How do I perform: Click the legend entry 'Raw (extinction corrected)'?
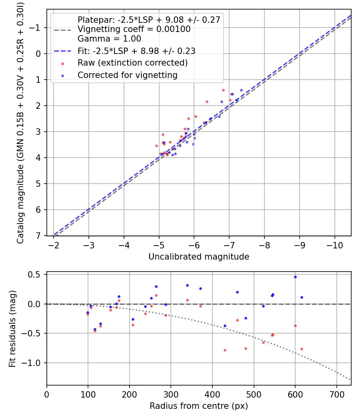point(132,63)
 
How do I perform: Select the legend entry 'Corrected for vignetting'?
point(127,75)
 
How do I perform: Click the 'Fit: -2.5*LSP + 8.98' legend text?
point(136,51)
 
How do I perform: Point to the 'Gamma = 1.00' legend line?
point(109,39)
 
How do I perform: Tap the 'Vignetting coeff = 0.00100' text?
point(134,29)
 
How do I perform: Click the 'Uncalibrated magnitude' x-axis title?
point(199,257)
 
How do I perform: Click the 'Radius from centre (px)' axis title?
point(199,406)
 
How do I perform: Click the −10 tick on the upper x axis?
point(334,244)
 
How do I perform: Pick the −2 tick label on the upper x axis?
point(54,244)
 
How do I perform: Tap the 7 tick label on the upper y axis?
point(38,236)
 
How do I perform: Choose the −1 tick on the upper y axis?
point(36,28)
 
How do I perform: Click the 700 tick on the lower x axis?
point(336,394)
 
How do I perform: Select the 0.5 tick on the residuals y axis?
point(36,274)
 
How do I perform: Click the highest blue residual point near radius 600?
point(295,277)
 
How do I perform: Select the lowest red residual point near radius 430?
point(225,350)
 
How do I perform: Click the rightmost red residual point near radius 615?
point(302,349)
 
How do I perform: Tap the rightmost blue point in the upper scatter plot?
point(241,90)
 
